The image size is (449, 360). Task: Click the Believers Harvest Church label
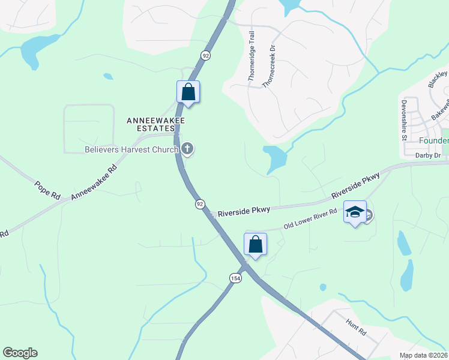[131, 149]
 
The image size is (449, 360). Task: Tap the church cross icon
[187, 149]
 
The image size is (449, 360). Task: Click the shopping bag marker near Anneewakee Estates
[188, 92]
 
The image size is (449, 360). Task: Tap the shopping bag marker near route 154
[255, 244]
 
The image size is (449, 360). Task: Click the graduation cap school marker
[355, 212]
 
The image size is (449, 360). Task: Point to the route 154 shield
[235, 278]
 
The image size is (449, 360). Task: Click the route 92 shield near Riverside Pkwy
[199, 205]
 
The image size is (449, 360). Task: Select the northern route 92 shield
[206, 55]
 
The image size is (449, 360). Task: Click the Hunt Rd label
[356, 327]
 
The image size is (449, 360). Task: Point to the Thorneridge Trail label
[252, 56]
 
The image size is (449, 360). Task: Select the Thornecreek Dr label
[268, 66]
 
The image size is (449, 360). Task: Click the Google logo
[20, 353]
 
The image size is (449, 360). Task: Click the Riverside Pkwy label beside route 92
[244, 211]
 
